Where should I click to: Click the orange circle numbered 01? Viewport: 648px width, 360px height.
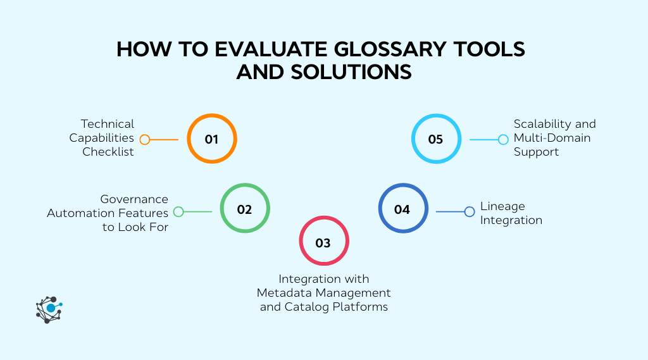click(x=211, y=139)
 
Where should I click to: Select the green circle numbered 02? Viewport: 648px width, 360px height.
click(x=245, y=209)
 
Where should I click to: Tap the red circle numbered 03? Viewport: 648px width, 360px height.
click(x=323, y=242)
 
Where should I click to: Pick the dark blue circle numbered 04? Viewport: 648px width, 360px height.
click(x=402, y=209)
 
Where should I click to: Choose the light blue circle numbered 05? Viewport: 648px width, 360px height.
click(x=435, y=139)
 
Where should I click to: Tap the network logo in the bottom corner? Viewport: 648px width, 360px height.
click(x=49, y=309)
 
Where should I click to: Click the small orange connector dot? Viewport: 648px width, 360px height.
click(x=145, y=140)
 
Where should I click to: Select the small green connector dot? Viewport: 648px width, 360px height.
click(x=178, y=212)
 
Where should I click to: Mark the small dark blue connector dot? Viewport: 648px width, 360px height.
click(x=469, y=212)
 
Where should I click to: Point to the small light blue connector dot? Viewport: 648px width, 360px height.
click(x=503, y=140)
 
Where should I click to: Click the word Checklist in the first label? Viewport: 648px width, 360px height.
click(x=108, y=152)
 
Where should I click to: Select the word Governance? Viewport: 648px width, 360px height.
click(x=134, y=199)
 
